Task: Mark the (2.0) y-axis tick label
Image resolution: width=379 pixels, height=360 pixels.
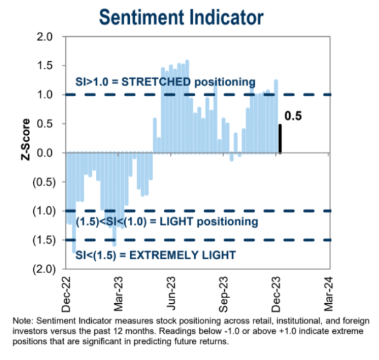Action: [x=42, y=269]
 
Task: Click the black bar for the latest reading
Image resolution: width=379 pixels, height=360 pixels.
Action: [x=280, y=139]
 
